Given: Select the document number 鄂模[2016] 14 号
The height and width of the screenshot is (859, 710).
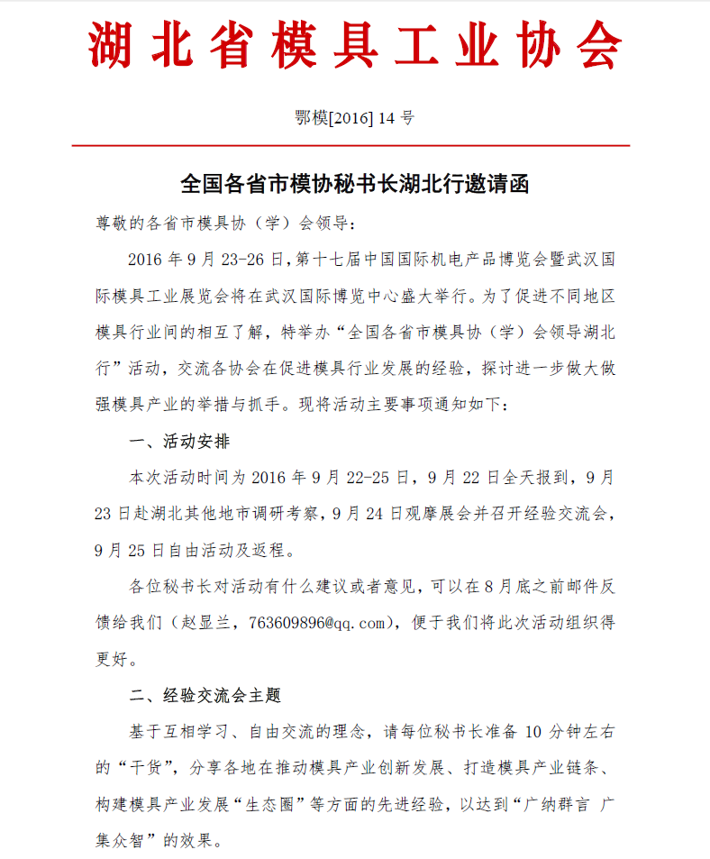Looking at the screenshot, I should (x=355, y=117).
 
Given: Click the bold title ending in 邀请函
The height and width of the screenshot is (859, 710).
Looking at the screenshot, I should (x=355, y=185).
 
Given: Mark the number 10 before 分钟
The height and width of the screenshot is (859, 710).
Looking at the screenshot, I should (x=532, y=733).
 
